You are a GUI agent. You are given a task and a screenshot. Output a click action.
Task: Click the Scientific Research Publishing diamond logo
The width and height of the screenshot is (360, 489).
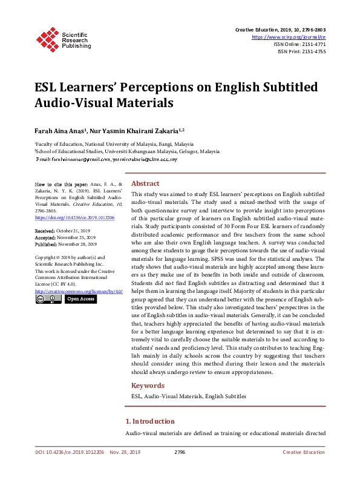pos(47,38)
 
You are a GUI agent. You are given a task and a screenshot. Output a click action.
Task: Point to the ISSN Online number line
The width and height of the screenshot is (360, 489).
pos(299,44)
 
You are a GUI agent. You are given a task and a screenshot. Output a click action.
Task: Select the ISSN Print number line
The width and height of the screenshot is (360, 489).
pos(301,51)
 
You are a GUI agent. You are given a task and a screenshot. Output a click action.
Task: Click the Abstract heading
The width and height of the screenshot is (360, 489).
pos(145,183)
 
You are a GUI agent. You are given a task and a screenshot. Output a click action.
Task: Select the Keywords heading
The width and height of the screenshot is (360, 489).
pos(148,386)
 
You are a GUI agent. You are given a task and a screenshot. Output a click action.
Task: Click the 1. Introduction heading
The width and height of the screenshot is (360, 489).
pos(150,421)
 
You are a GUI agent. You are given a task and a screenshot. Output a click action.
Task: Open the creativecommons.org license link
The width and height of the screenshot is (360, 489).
pos(79,291)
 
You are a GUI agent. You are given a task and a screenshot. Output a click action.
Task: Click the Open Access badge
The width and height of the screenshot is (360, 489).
pos(80,299)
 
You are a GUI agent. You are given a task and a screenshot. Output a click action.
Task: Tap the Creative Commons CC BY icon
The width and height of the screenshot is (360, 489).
pos(48,299)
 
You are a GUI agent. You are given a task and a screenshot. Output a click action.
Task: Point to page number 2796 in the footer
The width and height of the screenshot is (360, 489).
pos(179,452)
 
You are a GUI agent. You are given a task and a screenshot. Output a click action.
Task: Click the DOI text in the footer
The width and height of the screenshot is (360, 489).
pos(70,452)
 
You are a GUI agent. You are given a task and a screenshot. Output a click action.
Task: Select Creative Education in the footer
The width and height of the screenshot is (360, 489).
pos(304,452)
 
